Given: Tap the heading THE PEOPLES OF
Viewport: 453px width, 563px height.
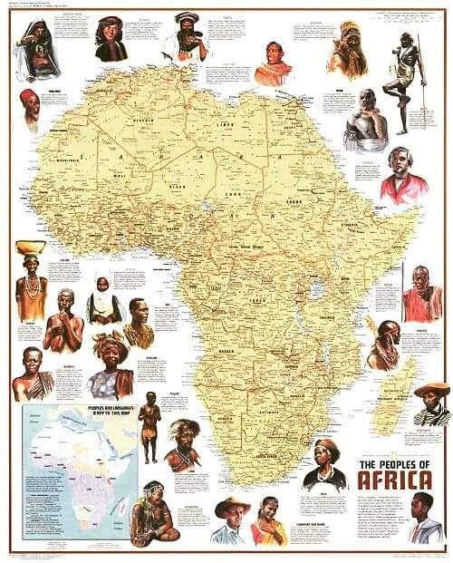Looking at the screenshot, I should (x=396, y=465).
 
